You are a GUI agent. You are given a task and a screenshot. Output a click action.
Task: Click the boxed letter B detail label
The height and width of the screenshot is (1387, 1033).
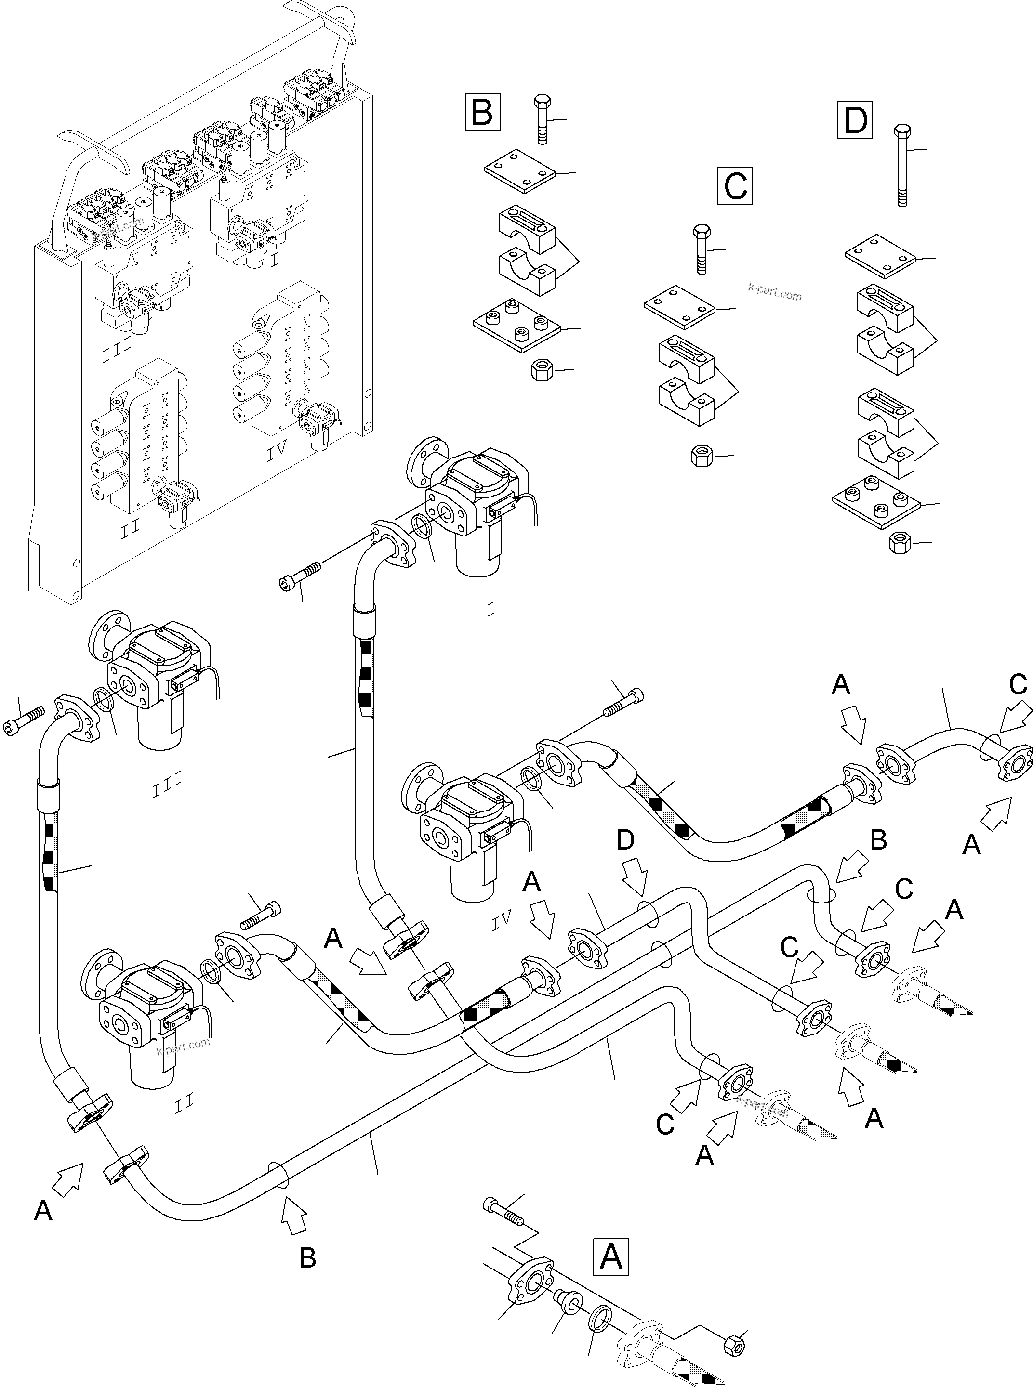(x=482, y=112)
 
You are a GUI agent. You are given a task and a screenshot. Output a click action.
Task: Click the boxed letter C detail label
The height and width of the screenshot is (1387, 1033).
(x=735, y=185)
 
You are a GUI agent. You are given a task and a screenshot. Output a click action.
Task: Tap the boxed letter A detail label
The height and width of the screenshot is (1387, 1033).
(x=610, y=1257)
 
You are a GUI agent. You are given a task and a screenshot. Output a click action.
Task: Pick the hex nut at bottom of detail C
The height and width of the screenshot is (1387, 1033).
(x=700, y=455)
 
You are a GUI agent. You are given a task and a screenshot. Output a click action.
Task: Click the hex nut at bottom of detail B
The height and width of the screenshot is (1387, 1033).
(x=541, y=371)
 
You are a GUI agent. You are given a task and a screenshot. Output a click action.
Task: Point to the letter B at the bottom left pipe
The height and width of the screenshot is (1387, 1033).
(x=307, y=1257)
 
